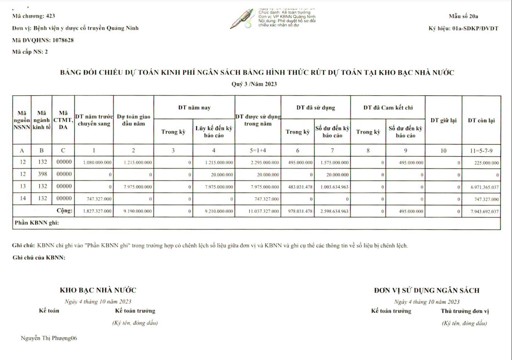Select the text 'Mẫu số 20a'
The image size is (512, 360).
pyautogui.click(x=463, y=16)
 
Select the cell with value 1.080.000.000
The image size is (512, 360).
pyautogui.click(x=93, y=162)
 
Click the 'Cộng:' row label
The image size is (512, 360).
pyautogui.click(x=64, y=211)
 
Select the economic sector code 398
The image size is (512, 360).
pyautogui.click(x=42, y=174)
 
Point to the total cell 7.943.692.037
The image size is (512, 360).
pyautogui.click(x=481, y=211)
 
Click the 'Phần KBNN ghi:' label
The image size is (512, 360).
pyautogui.click(x=36, y=223)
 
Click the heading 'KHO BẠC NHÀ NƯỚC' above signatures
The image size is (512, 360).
pyautogui.click(x=98, y=290)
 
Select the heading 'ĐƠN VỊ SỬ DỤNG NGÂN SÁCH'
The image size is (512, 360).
pyautogui.click(x=426, y=290)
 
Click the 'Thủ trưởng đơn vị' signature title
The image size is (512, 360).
pyautogui.click(x=465, y=311)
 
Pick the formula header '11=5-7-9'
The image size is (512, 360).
pyautogui.click(x=481, y=149)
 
